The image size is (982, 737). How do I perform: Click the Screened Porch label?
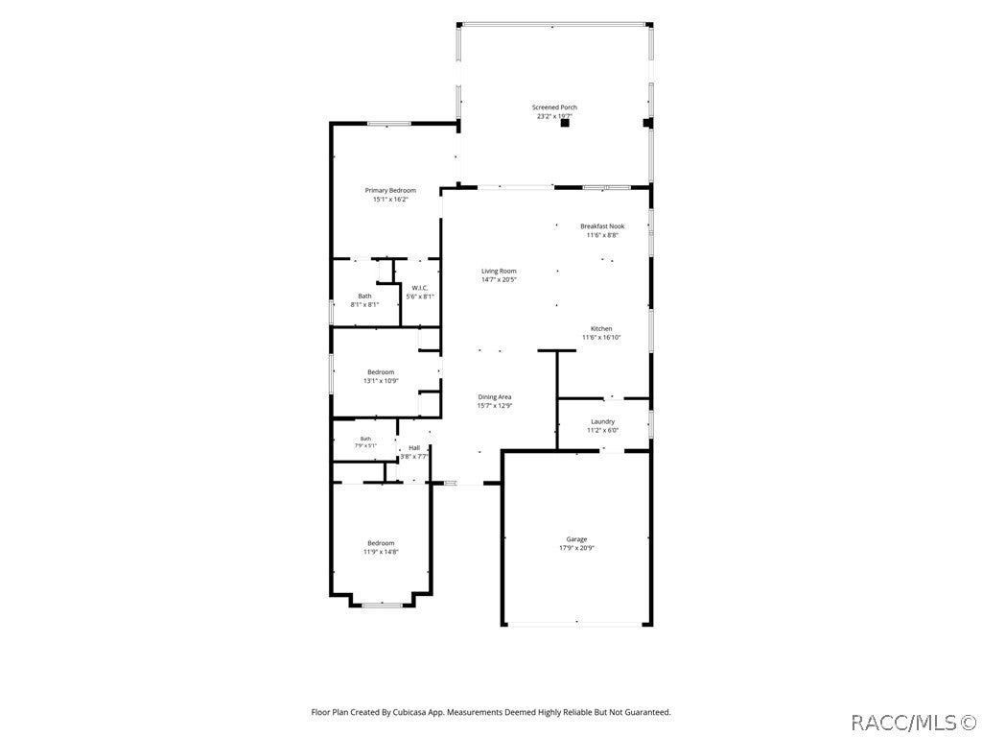[554, 107]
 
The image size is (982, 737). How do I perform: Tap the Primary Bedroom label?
[390, 191]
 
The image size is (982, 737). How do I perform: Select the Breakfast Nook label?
[602, 226]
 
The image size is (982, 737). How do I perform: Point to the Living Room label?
[499, 272]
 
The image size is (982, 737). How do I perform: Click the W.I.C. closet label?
[420, 288]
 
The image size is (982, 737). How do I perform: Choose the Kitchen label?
[601, 329]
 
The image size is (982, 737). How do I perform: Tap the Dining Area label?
[495, 396]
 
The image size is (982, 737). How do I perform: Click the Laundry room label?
[602, 422]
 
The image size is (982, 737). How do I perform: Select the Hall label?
[414, 448]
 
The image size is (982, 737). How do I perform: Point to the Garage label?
[576, 539]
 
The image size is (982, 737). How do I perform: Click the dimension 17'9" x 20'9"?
[576, 548]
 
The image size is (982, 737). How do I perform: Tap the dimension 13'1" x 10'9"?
[381, 380]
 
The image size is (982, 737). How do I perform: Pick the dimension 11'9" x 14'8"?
[381, 552]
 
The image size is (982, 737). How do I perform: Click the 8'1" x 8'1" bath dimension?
[364, 304]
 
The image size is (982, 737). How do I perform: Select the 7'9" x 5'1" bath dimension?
[365, 445]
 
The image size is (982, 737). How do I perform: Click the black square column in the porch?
[564, 124]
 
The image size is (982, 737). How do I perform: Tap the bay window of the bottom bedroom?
[382, 605]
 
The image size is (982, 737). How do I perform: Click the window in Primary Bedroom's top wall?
[389, 124]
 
